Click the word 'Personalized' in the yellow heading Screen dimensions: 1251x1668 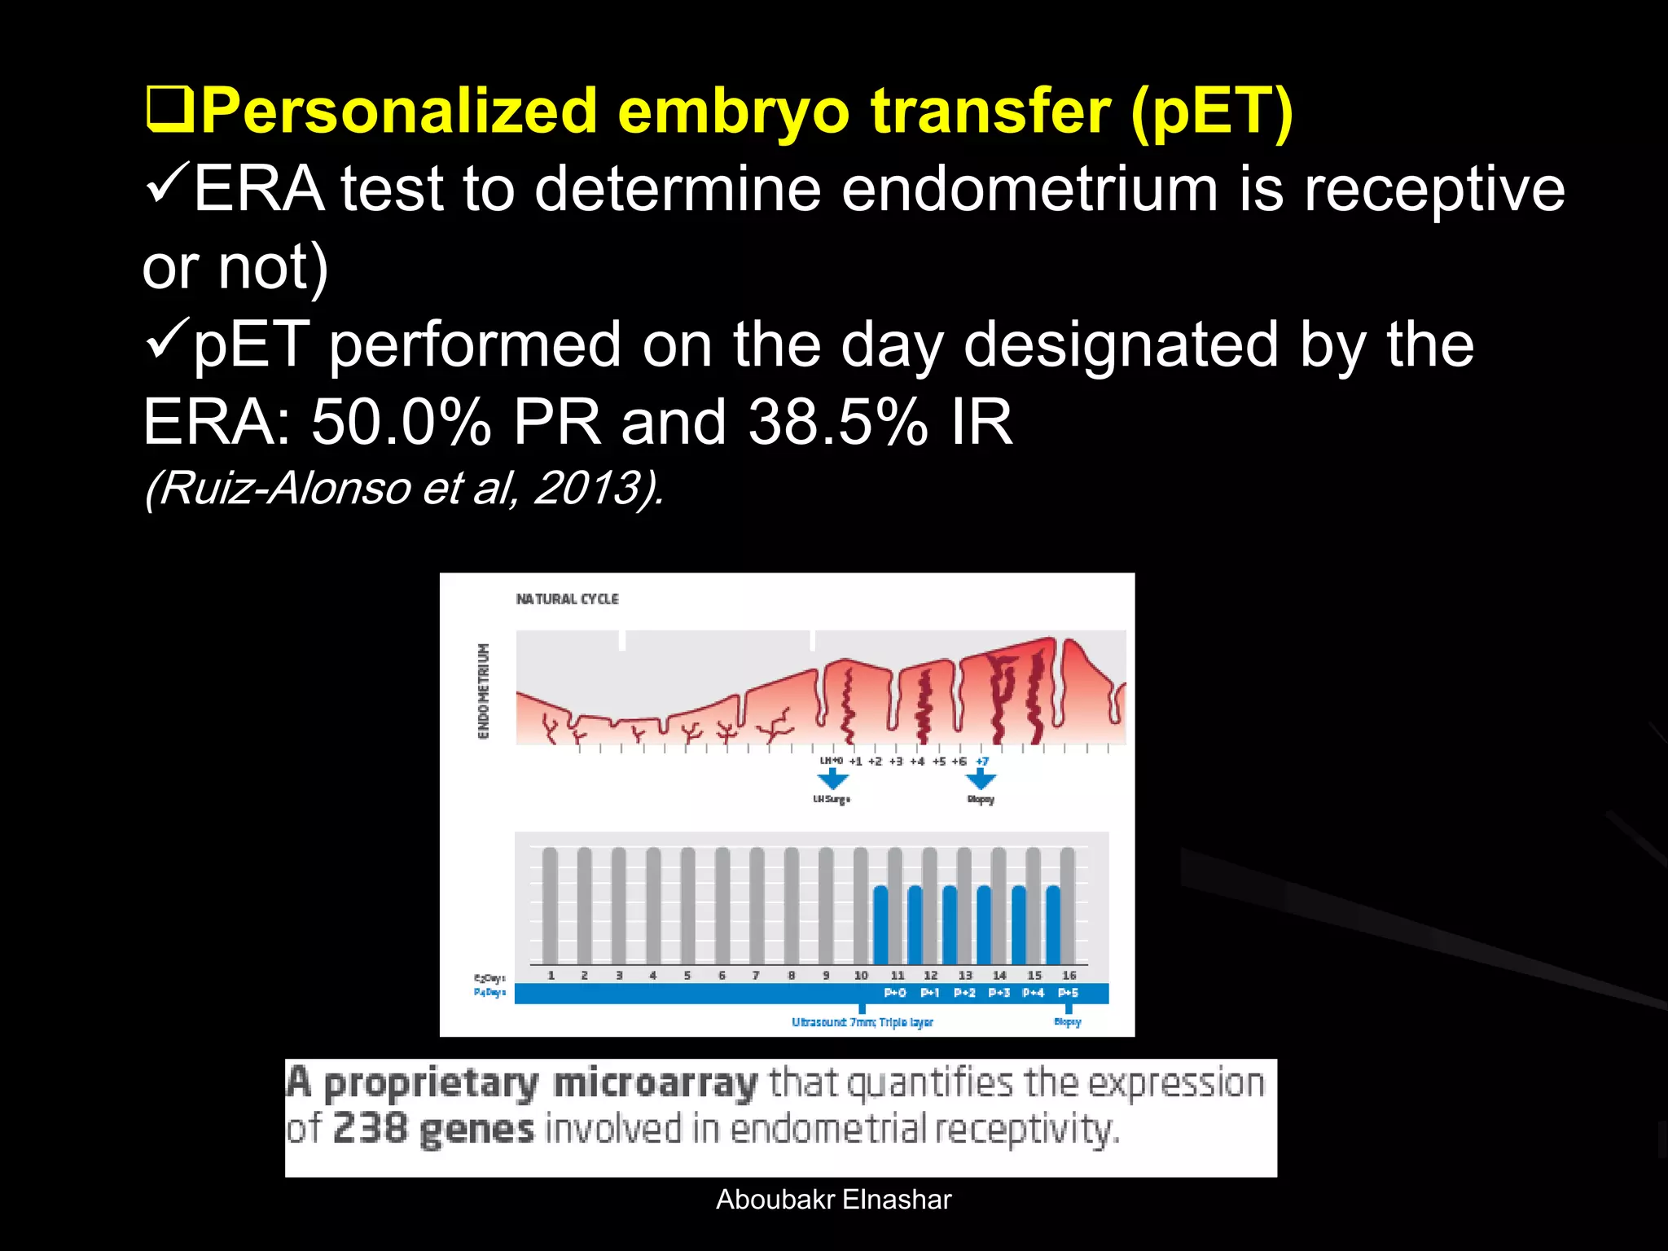pos(399,112)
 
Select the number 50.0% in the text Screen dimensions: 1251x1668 pos(401,422)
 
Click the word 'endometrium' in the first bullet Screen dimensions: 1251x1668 pos(1029,189)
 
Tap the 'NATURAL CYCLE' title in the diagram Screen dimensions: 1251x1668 pos(567,599)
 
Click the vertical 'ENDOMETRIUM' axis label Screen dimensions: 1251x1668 pos(484,691)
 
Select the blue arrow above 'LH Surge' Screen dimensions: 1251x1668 pos(832,778)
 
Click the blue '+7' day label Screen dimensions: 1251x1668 pos(982,762)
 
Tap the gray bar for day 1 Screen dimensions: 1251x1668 pos(550,904)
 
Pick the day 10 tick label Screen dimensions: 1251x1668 pos(861,975)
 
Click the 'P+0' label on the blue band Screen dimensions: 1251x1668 pos(895,993)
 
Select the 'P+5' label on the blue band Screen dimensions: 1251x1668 pos(1068,993)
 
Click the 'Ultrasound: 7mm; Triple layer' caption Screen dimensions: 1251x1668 pos(863,1022)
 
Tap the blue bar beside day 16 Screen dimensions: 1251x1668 pos(1053,924)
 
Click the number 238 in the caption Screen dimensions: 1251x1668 pos(370,1129)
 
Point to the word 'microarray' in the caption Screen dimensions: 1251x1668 pos(655,1083)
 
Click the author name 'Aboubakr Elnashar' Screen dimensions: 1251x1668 pos(833,1200)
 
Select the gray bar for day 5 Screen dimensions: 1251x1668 pos(687,904)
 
